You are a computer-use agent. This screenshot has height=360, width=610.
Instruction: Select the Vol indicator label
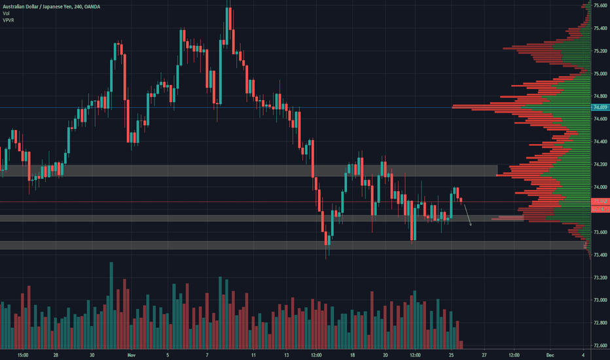(7, 13)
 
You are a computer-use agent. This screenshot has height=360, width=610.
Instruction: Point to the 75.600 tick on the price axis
(600, 5)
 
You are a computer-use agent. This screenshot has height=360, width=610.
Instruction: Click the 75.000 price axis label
(600, 73)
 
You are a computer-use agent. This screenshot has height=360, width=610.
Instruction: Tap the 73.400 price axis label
(600, 255)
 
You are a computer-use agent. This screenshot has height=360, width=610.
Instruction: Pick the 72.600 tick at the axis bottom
(600, 346)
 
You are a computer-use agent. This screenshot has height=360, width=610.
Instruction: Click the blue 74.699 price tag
(600, 107)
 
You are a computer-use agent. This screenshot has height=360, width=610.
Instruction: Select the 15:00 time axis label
(23, 355)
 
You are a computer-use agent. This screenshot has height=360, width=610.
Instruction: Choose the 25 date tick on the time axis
(451, 355)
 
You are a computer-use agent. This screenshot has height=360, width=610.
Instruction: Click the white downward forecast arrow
(468, 215)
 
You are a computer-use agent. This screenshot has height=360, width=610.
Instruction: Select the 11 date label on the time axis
(253, 355)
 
